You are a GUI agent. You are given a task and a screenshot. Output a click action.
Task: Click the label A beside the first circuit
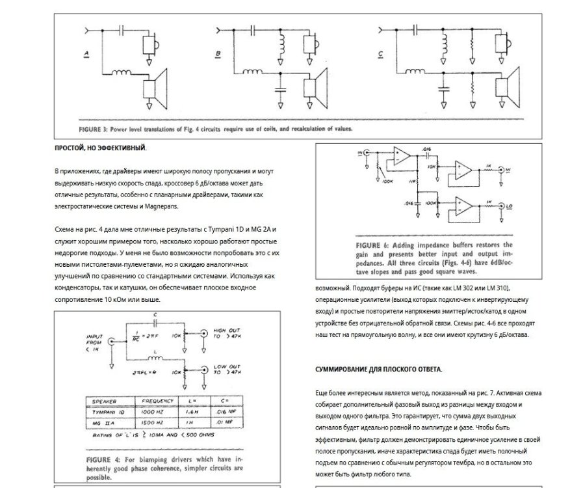[x=86, y=55]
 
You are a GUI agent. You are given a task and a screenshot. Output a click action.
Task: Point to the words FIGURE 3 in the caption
[x=96, y=129]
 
